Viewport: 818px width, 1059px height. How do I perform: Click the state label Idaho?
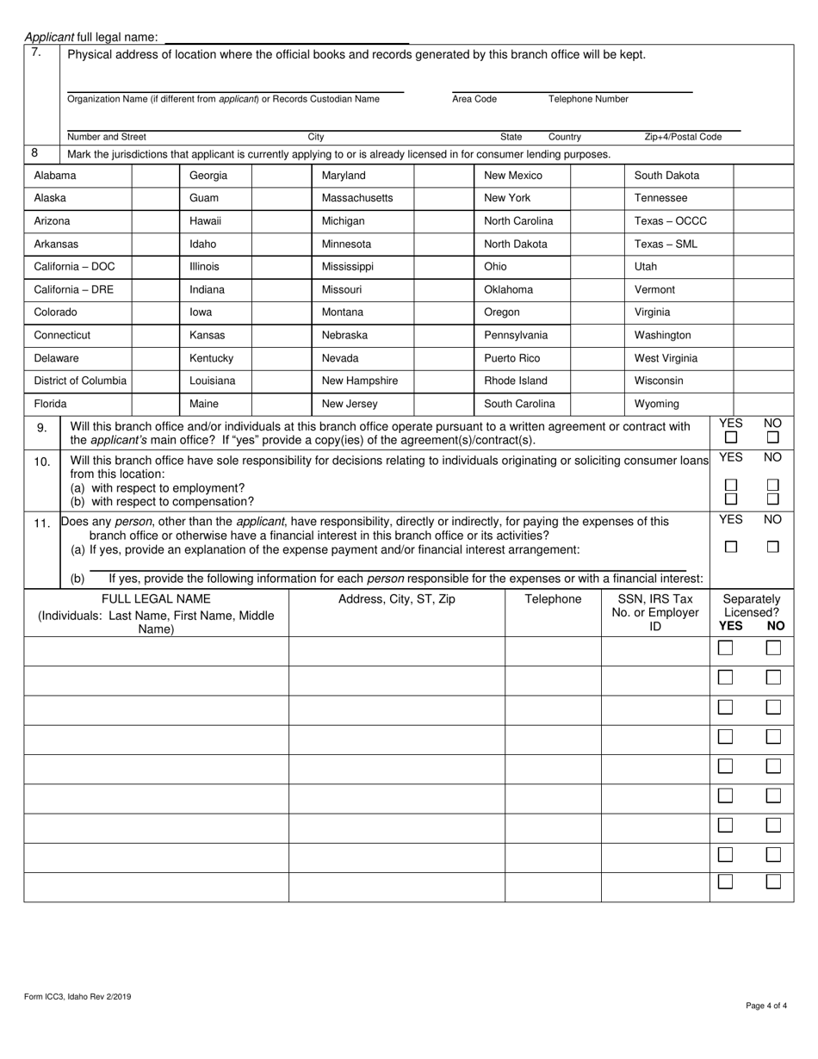click(x=202, y=244)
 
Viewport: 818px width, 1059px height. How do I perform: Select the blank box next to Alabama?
click(x=155, y=176)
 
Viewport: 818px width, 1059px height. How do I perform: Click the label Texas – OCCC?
click(x=671, y=221)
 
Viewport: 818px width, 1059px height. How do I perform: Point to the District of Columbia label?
click(x=80, y=381)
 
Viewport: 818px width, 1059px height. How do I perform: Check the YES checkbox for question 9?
click(x=731, y=438)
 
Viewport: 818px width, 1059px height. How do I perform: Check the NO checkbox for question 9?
click(x=773, y=438)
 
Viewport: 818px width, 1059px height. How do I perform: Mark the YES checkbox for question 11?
click(x=731, y=547)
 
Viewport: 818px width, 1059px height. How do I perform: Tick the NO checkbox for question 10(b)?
click(x=773, y=499)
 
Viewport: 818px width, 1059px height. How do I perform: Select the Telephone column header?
click(x=553, y=599)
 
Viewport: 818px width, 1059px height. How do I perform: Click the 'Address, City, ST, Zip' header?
click(x=397, y=599)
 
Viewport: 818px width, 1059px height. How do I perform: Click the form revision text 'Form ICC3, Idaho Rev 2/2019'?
click(x=77, y=997)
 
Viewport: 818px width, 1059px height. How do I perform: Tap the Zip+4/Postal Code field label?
click(x=683, y=137)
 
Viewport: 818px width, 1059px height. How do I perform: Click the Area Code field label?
click(x=474, y=99)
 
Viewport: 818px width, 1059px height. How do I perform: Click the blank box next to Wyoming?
click(x=763, y=404)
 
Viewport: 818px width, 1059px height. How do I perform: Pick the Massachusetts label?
click(x=357, y=198)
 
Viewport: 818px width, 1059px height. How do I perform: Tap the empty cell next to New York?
click(x=597, y=198)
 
